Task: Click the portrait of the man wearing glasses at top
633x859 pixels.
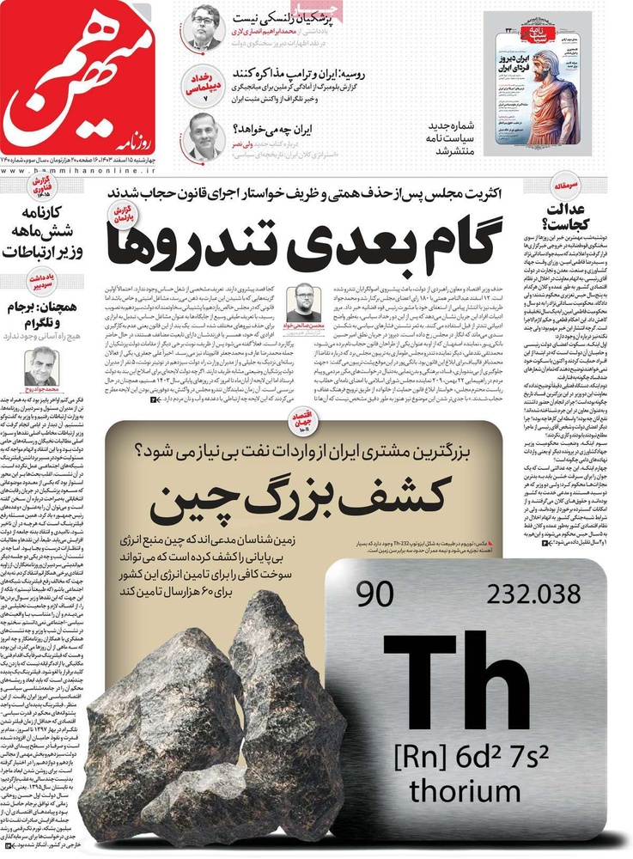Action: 204,28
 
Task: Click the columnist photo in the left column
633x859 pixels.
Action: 43,368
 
